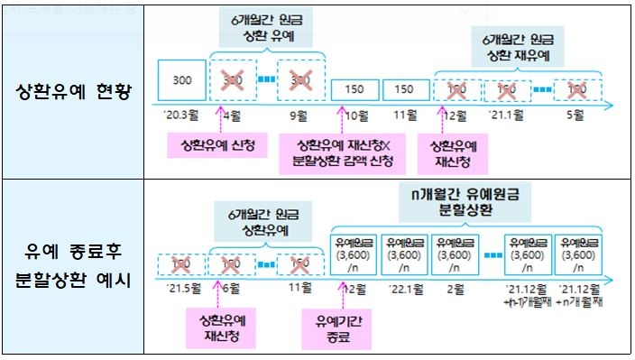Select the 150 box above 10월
pyautogui.click(x=354, y=89)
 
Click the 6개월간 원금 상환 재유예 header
pyautogui.click(x=515, y=49)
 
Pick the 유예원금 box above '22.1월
pyautogui.click(x=403, y=254)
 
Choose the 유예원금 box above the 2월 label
pyautogui.click(x=453, y=254)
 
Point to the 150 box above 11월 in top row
pyautogui.click(x=405, y=89)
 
